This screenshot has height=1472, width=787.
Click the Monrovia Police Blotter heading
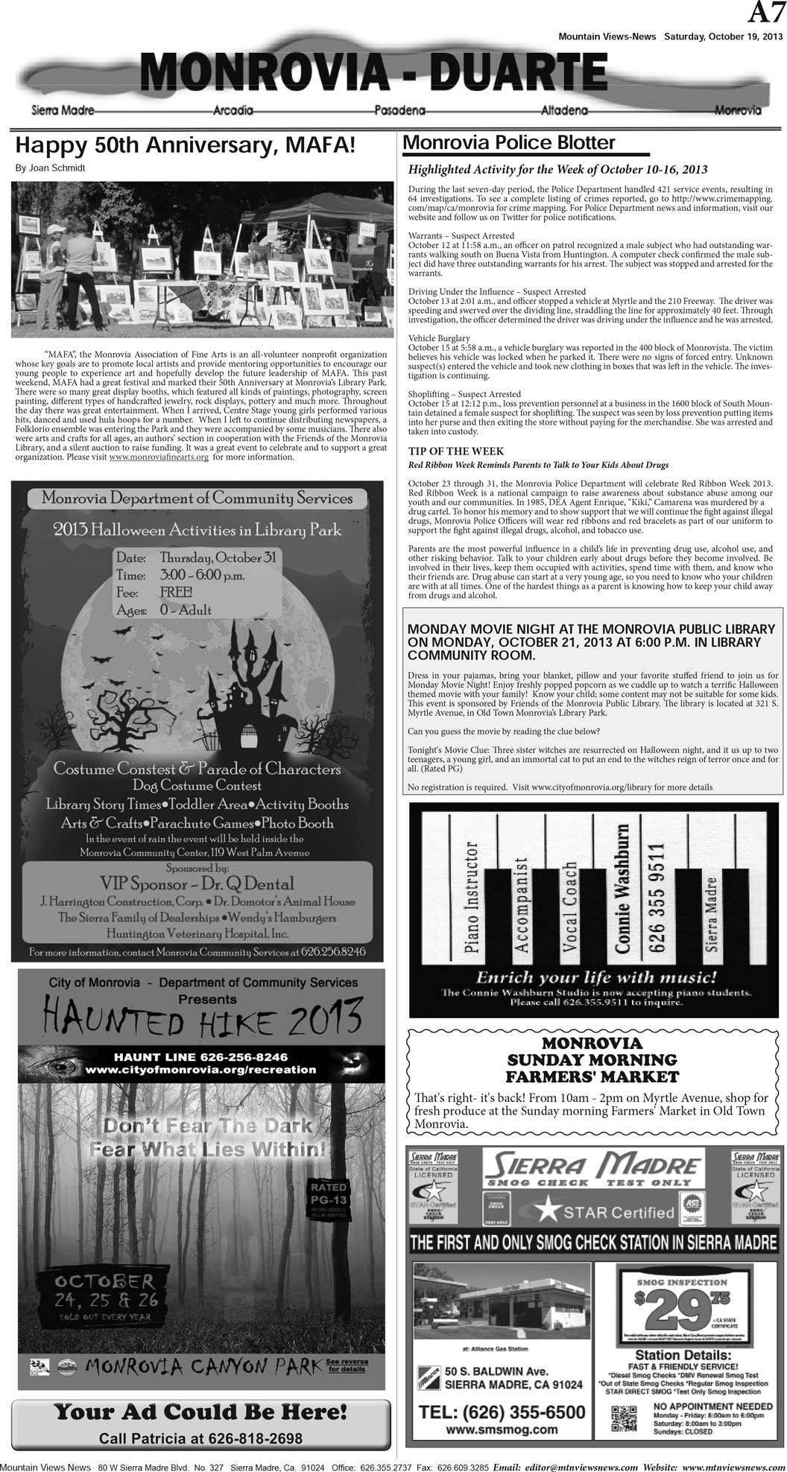pyautogui.click(x=509, y=143)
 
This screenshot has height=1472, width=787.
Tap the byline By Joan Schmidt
pyautogui.click(x=50, y=168)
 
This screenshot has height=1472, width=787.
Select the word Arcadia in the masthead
pyautogui.click(x=233, y=111)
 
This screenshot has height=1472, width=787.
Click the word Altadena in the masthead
pyautogui.click(x=562, y=111)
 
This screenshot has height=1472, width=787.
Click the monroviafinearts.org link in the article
pyautogui.click(x=158, y=457)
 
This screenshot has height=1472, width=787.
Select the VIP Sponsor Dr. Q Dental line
pyautogui.click(x=197, y=884)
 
